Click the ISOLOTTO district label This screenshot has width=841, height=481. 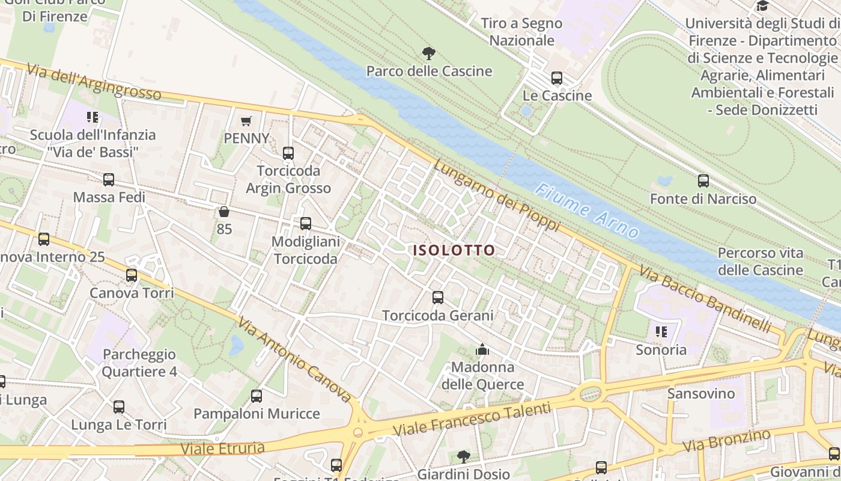coord(454,250)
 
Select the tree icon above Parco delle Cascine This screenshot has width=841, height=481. coord(428,54)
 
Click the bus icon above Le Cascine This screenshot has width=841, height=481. coord(557,78)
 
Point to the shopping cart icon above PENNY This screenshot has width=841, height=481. coord(246,121)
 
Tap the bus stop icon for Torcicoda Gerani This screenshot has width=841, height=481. coord(438,297)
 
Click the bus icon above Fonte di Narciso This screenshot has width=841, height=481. coord(703,180)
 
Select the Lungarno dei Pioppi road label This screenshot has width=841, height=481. coord(497,196)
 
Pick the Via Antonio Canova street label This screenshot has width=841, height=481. coord(294,359)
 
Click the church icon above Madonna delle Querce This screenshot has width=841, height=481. coord(482,349)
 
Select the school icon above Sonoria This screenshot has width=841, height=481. coord(661,332)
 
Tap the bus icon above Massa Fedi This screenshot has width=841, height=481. coord(109,179)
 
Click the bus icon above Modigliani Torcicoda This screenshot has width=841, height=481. coord(306,224)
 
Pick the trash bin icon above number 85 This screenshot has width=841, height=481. coord(224,212)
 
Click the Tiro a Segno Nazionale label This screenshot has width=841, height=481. coord(521,32)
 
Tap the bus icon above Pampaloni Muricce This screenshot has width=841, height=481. coord(257,396)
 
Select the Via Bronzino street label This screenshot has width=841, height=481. coord(727,441)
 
